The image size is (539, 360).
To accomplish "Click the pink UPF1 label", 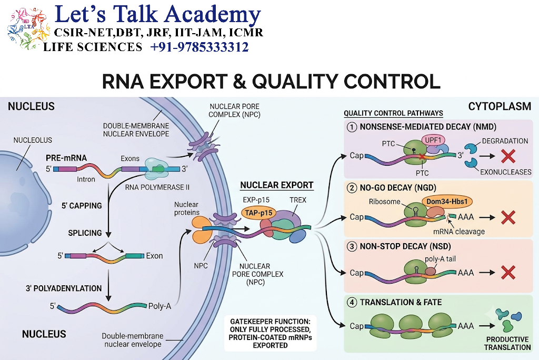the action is pos(433,140).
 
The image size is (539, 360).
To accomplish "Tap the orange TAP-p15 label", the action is pos(258,213).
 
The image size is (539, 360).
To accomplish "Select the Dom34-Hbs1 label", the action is pos(447,202).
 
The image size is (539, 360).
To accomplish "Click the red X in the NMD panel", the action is pos(508,156).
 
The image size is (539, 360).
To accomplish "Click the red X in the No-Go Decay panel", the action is pos(508,217).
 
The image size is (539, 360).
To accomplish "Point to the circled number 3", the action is pos(352,246).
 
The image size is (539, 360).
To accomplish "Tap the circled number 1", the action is pos(352,127).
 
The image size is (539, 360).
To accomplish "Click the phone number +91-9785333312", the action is pos(199,47).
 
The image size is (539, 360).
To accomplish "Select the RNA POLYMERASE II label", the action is pos(157,187).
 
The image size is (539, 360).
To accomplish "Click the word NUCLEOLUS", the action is pos(33,141).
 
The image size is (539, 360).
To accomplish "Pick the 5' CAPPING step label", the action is pos(82,206).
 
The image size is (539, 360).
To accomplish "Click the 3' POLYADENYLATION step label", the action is pos(64,288).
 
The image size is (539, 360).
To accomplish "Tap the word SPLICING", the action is pos(85,233).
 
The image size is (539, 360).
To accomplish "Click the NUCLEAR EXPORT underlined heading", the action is pos(277,185).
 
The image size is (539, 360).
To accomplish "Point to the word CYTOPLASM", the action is pos(500,107).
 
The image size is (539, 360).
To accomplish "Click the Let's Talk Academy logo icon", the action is pos(28,28).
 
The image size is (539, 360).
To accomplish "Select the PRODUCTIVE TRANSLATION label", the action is pos(507,343).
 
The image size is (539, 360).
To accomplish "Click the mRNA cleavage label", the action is pos(459,232).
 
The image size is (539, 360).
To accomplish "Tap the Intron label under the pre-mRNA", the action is pos(86,179).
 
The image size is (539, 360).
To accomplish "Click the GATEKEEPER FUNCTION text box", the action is pos(270,333).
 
